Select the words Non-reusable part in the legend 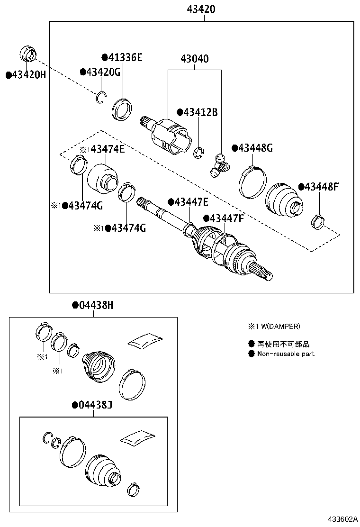(286, 354)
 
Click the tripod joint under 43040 (219, 164)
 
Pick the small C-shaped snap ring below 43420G (100, 97)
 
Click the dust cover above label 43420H (27, 54)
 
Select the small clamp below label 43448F (317, 220)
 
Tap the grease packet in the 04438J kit (137, 438)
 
